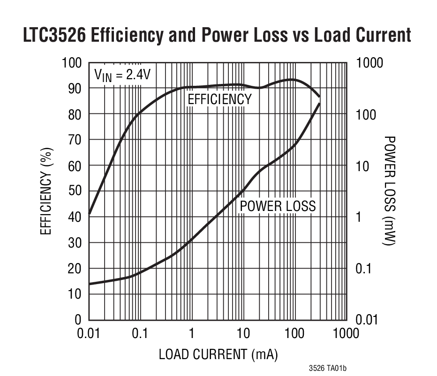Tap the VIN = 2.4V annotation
coord(123,75)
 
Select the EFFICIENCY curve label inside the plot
coord(219,99)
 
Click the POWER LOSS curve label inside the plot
coord(278,206)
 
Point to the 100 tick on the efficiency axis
coord(72,63)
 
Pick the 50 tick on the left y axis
coord(75,191)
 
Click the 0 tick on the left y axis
coord(78,320)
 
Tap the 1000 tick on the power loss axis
coord(370,63)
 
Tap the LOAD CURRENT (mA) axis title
coord(218,354)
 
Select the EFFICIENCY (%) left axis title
coord(45,191)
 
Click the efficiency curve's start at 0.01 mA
coord(89,214)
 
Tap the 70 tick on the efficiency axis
coord(75,140)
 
